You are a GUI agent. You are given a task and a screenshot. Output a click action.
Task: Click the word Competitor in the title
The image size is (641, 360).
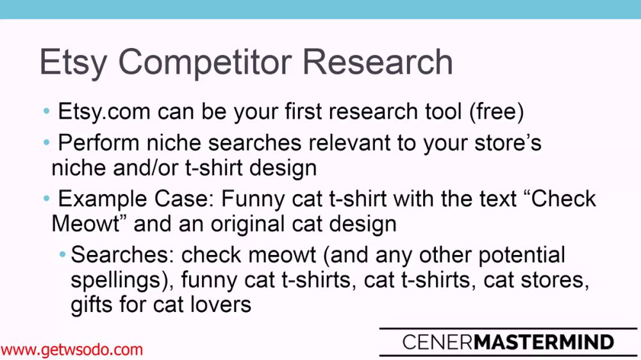coord(205,63)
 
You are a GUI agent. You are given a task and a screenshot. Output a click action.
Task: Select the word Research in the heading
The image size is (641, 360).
coord(378,61)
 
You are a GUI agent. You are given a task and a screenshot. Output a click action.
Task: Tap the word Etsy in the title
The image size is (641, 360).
coord(74,63)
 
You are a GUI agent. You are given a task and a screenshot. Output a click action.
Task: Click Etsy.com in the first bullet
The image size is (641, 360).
coord(104,111)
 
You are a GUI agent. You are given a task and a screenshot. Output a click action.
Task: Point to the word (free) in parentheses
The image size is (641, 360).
coord(496,111)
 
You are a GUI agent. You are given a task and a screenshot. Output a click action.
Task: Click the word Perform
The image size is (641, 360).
coord(99,143)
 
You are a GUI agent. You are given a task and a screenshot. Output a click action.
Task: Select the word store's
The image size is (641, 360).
coord(508,143)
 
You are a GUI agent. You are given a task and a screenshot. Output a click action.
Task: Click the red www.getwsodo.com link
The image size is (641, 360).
coord(72,350)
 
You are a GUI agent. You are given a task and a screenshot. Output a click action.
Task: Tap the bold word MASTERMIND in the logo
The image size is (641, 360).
coord(544,343)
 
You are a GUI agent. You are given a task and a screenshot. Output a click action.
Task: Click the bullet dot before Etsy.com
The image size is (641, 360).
coord(46,111)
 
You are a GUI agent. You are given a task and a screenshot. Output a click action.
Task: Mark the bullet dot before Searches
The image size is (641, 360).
coord(62,255)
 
